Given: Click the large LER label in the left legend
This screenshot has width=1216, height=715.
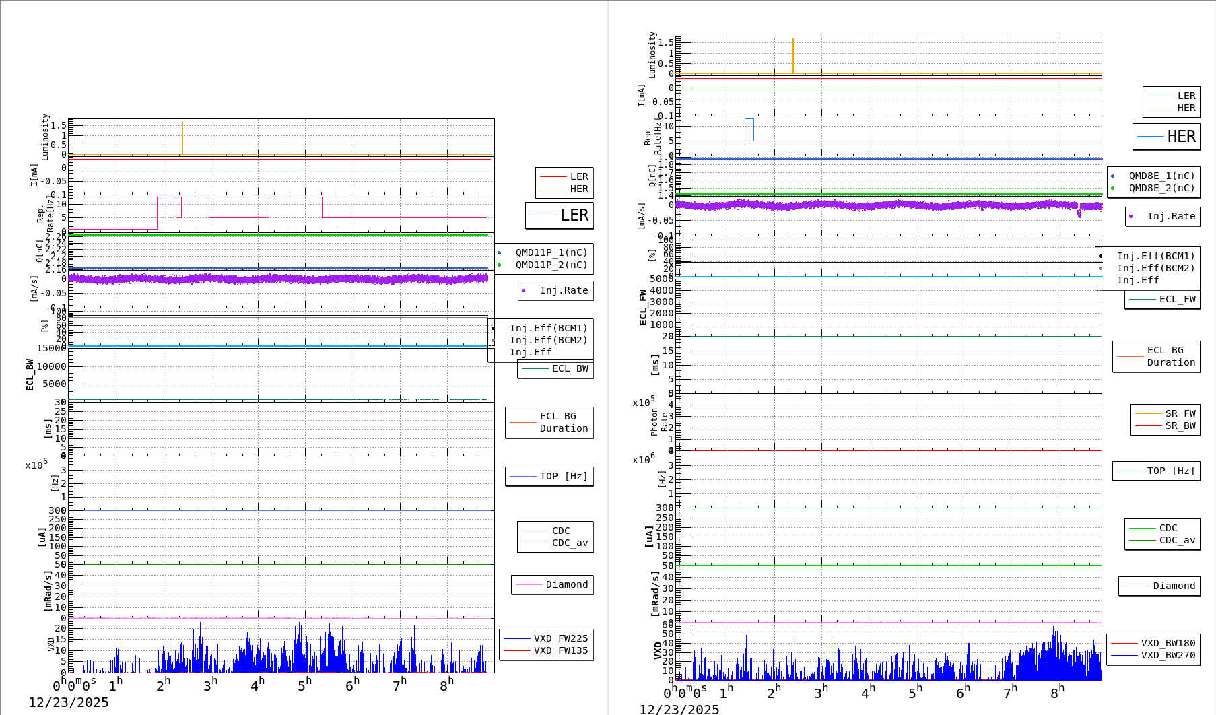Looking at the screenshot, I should pyautogui.click(x=574, y=215).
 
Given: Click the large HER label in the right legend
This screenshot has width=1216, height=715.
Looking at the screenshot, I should pyautogui.click(x=1181, y=137).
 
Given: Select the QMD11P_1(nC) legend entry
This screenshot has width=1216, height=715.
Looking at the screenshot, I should pyautogui.click(x=551, y=252).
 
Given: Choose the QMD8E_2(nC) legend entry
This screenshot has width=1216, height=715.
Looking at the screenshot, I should pyautogui.click(x=1161, y=188).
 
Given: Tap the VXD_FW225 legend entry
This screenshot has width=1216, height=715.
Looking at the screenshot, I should pyautogui.click(x=560, y=638).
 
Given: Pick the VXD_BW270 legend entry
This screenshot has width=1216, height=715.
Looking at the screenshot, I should pyautogui.click(x=1168, y=655).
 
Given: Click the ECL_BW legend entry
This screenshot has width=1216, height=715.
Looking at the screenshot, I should pyautogui.click(x=570, y=368).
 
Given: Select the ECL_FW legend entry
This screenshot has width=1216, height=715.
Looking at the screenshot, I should pyautogui.click(x=1177, y=299).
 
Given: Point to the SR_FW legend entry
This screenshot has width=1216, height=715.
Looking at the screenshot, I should pyautogui.click(x=1180, y=413).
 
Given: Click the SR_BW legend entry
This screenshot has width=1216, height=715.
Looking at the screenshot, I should pyautogui.click(x=1180, y=425).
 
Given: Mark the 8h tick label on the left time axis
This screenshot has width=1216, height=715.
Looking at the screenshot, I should pyautogui.click(x=447, y=685).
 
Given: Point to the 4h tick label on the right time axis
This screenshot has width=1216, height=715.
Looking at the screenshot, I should pyautogui.click(x=868, y=692).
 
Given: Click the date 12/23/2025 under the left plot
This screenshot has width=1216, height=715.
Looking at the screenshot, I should pyautogui.click(x=68, y=702).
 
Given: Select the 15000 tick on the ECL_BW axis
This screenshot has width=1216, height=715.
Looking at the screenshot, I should pyautogui.click(x=52, y=348).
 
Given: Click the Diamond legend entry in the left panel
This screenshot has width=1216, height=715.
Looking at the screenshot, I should pyautogui.click(x=566, y=584).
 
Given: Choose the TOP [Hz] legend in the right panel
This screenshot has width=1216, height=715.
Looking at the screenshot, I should pyautogui.click(x=1171, y=471).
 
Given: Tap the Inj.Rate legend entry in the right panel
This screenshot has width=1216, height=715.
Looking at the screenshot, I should pyautogui.click(x=1171, y=216).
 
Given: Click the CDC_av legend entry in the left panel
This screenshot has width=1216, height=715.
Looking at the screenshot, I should pyautogui.click(x=570, y=543).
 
